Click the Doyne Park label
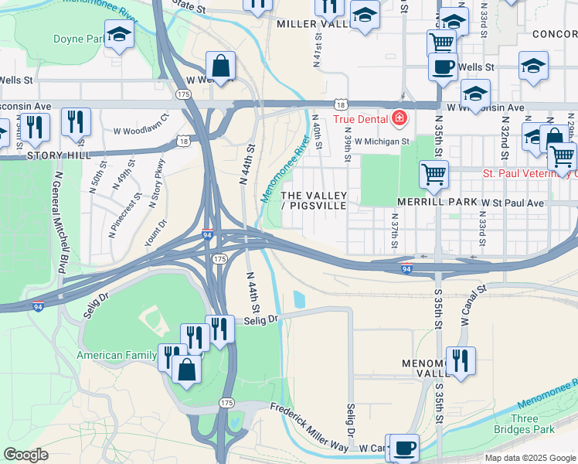(79, 39)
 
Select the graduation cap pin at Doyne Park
(119, 34)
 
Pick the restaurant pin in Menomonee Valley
(461, 361)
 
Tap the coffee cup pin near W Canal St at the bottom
(403, 448)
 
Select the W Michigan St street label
(382, 142)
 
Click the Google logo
(25, 455)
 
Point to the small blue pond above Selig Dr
(299, 299)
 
